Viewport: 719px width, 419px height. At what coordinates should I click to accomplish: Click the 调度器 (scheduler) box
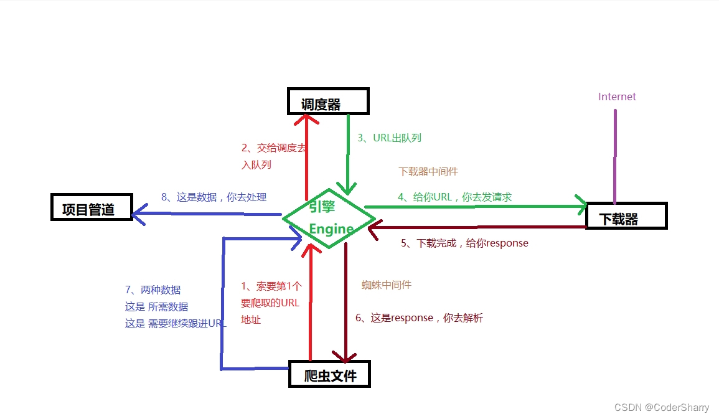click(x=328, y=101)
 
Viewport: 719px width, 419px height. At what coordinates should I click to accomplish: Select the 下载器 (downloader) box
click(x=626, y=216)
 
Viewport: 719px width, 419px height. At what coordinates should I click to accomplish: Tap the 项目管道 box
click(x=91, y=207)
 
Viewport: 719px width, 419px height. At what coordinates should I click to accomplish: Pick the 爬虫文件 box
click(x=329, y=374)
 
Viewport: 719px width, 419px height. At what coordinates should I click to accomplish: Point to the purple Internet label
click(x=617, y=97)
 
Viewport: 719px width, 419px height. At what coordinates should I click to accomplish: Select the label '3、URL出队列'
click(x=389, y=138)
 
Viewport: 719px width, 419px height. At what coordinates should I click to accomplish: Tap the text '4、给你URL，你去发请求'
click(x=454, y=197)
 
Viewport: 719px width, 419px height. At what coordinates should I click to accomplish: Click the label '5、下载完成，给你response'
click(x=464, y=243)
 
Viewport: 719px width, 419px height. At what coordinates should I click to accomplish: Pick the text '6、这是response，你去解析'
click(x=419, y=318)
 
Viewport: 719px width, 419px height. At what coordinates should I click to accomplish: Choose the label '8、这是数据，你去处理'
click(x=214, y=197)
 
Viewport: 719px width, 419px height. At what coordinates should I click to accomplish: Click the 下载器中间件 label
click(x=428, y=171)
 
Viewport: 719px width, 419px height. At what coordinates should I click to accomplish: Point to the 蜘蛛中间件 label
click(x=387, y=285)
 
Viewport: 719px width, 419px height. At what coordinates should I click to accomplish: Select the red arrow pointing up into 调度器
click(x=306, y=156)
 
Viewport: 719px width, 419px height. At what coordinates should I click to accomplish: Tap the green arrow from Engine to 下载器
click(x=473, y=206)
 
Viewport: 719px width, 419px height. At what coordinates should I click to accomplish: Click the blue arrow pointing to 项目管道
click(x=205, y=214)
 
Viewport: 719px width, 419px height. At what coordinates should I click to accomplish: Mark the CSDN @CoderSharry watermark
click(x=661, y=407)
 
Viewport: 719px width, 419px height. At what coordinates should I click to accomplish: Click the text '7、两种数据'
click(x=153, y=290)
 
